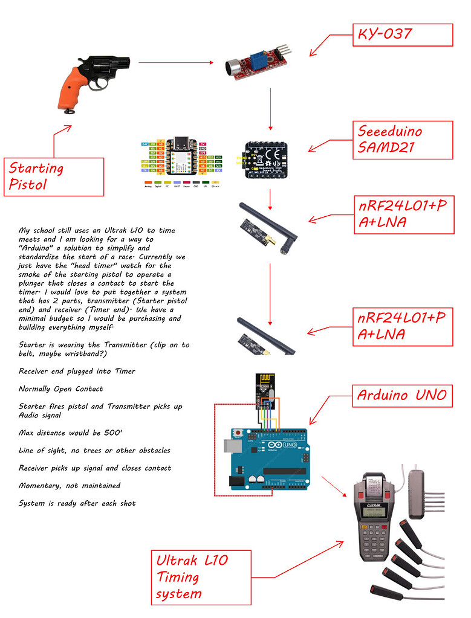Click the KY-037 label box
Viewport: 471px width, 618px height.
[402, 34]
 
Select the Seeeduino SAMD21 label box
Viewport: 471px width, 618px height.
[402, 140]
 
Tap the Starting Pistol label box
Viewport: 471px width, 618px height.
[54, 176]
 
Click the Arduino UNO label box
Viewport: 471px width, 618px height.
[402, 396]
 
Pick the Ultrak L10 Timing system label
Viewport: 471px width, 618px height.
[200, 577]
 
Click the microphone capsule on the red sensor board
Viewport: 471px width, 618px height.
[232, 68]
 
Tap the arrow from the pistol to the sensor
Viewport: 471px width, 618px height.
[176, 62]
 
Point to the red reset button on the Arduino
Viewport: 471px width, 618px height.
[241, 433]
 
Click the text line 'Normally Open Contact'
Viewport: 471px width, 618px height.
[60, 389]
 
